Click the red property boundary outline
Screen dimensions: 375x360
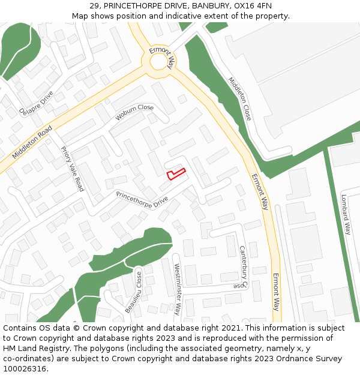(175, 174)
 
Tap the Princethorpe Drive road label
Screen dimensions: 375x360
(142, 200)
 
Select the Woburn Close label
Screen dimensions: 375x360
(135, 112)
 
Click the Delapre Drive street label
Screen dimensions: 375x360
(36, 103)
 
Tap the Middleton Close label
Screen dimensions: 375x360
(239, 98)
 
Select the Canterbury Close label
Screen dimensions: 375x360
(242, 268)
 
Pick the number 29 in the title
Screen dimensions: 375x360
(94, 5)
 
